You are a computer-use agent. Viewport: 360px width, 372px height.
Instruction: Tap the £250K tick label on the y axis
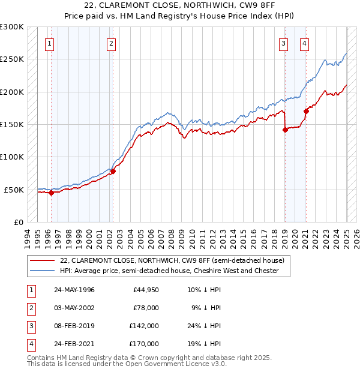pos(12,59)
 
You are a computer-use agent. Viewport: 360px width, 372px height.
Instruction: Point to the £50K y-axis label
pos(14,190)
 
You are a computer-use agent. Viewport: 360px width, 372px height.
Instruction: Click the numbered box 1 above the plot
pos(49,43)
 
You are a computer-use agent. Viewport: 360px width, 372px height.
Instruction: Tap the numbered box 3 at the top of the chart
pos(283,43)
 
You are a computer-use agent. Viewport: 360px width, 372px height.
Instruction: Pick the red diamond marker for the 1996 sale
pos(52,193)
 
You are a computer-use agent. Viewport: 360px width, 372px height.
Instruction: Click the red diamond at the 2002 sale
pos(113,171)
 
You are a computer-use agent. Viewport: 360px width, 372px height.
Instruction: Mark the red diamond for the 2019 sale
pos(285,130)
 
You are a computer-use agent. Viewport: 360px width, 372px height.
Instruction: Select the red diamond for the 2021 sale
pos(306,111)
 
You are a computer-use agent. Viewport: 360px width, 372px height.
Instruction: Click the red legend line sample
pos(42,260)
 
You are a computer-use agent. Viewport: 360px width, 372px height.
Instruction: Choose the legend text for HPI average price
pos(169,271)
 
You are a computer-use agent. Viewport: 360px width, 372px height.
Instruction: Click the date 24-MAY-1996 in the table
pos(74,290)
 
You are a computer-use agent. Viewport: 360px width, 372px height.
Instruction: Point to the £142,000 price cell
pos(144,326)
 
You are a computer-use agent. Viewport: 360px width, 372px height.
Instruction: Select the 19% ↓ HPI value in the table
pos(204,344)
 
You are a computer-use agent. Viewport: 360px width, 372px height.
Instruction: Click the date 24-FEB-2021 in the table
pos(74,344)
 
